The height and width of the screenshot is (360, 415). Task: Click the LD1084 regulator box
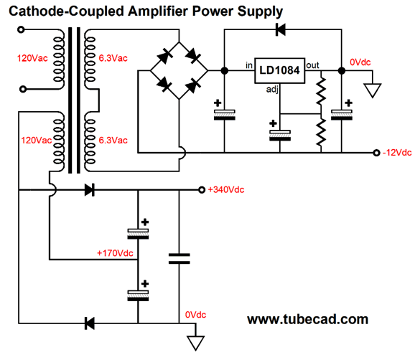click(x=279, y=70)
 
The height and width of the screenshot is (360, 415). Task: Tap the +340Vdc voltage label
click(x=226, y=190)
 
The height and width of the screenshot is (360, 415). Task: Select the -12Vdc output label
click(x=397, y=153)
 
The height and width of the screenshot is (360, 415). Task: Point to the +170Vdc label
click(x=115, y=253)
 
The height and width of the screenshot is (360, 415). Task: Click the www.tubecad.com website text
click(x=307, y=319)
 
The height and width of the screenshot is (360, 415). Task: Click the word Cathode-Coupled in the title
click(x=67, y=11)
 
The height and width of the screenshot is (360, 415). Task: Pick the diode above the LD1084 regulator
click(x=281, y=29)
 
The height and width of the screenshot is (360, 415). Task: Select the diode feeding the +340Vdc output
click(x=90, y=190)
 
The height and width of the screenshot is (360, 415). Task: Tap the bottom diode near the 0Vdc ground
click(x=90, y=323)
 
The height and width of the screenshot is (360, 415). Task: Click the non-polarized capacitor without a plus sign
click(x=179, y=259)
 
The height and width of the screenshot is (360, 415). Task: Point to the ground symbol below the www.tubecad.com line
click(x=195, y=343)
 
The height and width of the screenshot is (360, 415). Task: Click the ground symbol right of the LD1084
click(x=373, y=90)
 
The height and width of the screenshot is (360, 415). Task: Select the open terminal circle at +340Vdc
click(x=202, y=190)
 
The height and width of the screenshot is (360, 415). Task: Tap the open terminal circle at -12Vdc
click(x=376, y=153)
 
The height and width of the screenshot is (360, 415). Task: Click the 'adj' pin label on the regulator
click(x=272, y=90)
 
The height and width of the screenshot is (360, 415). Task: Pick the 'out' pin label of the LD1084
click(x=312, y=65)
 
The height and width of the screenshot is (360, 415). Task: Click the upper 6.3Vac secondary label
click(x=113, y=58)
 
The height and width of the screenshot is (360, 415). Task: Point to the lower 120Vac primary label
click(x=37, y=141)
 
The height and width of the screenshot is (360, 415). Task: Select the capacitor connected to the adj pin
click(x=280, y=136)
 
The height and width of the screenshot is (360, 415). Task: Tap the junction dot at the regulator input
click(x=225, y=70)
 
